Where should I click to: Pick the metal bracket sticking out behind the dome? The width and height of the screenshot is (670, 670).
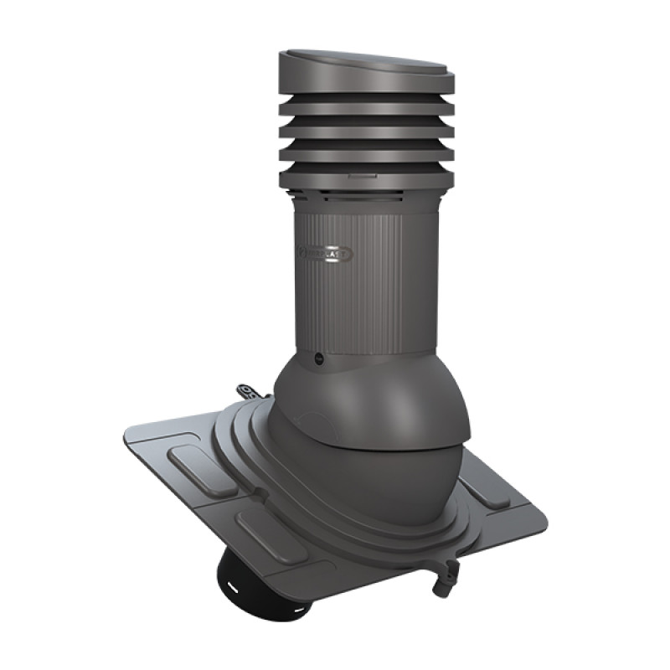point(246,391)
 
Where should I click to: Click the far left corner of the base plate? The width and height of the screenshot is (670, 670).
point(125,442)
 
